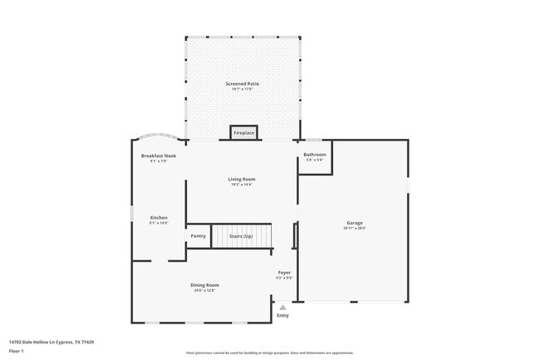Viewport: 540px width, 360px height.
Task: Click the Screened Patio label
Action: point(242,84)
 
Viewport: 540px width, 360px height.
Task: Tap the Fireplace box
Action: point(243,133)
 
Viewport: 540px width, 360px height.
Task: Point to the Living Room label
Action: point(242,179)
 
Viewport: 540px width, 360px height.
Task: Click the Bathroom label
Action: point(314,155)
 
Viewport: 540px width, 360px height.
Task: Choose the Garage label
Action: point(356,222)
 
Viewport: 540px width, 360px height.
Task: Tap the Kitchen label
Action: point(159,218)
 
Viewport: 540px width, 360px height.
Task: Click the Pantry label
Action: point(199,236)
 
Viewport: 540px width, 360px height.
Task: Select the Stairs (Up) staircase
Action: point(241,236)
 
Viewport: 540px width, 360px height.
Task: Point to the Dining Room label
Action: point(204,285)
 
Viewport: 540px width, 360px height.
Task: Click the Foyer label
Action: point(284,272)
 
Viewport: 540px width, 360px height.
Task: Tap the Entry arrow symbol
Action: point(282,307)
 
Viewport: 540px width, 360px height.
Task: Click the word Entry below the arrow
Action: point(282,315)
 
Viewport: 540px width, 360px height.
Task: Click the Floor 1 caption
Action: point(17,351)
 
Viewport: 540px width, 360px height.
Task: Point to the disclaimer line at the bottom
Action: point(269,353)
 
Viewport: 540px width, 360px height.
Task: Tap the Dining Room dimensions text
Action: point(204,290)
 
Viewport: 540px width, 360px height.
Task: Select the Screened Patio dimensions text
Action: point(242,89)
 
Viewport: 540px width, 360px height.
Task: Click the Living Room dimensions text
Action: point(242,184)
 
